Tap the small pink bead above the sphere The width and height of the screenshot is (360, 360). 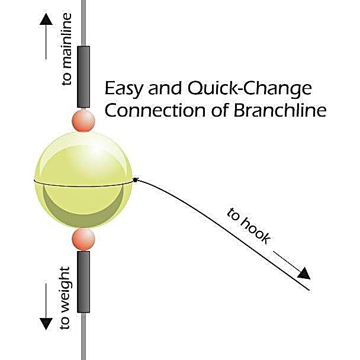[83, 120]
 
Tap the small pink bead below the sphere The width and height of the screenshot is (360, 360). [83, 239]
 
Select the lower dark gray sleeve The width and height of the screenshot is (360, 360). [83, 281]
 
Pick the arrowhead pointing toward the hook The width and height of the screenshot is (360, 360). [303, 272]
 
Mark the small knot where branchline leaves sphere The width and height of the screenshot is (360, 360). [136, 179]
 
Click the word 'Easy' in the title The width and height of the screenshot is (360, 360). [123, 89]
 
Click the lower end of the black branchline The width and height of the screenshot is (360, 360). [310, 290]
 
